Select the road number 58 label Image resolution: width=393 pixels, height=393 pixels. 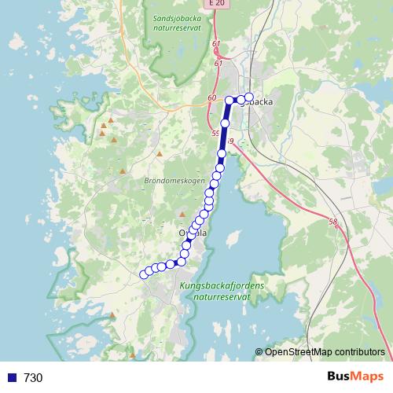(x=333, y=222)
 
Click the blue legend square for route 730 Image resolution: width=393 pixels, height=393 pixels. (x=11, y=377)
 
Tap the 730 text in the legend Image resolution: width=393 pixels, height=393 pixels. (x=33, y=378)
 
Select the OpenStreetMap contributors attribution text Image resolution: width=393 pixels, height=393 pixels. (x=325, y=352)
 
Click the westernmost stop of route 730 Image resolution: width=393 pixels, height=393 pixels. (x=143, y=274)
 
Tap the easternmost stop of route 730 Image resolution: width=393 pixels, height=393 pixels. (x=249, y=98)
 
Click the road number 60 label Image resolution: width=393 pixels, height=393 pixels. (x=211, y=97)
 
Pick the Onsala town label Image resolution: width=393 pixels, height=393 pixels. (x=193, y=233)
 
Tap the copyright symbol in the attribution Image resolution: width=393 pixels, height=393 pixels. (x=259, y=352)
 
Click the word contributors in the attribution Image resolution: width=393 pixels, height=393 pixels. (x=360, y=352)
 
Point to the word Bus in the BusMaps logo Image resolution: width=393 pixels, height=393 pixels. (x=340, y=376)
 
